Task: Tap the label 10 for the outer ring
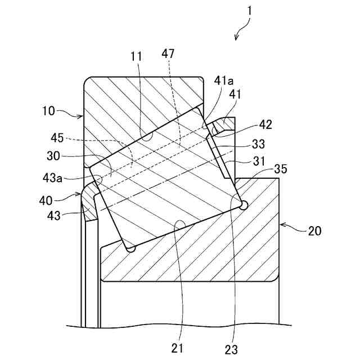coord(49,111)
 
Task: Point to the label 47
coord(168,54)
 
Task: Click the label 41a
coord(223,80)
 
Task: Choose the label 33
coord(258,143)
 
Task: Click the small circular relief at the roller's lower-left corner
coord(131,248)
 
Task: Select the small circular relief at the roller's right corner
coord(244,206)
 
